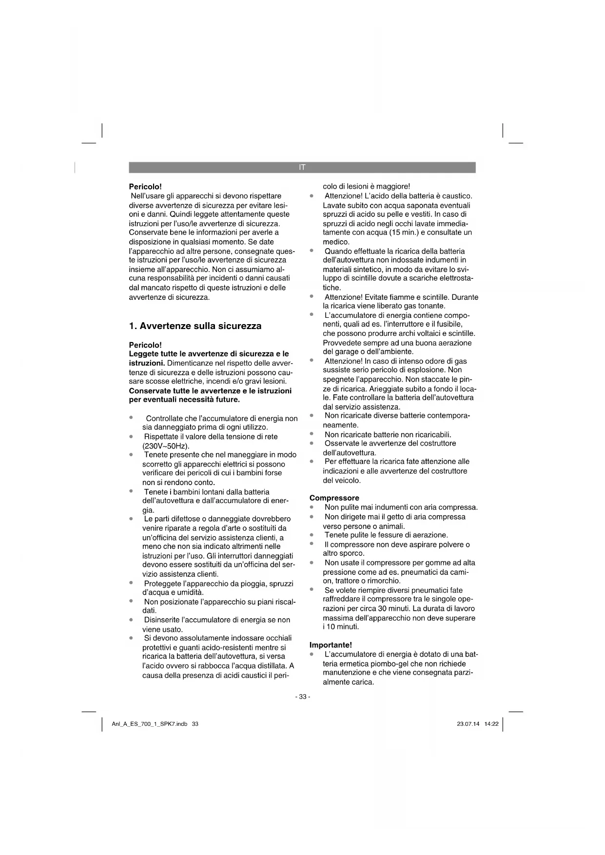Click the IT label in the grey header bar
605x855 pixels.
(x=302, y=167)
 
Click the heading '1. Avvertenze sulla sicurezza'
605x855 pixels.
(x=195, y=326)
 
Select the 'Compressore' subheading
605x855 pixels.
(x=334, y=498)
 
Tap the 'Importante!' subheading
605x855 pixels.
(x=331, y=645)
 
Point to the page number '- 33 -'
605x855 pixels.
(x=302, y=697)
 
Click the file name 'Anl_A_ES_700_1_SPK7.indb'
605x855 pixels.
(x=150, y=724)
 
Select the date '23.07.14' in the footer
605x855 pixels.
(x=468, y=724)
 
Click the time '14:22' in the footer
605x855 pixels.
(x=491, y=724)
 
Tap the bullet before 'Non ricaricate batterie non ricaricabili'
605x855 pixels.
(x=312, y=433)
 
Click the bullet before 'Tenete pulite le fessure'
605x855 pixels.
(x=312, y=534)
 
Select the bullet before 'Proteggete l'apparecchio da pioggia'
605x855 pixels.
(x=131, y=583)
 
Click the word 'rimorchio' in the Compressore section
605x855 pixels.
(x=384, y=581)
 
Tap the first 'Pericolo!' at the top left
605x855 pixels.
(x=145, y=187)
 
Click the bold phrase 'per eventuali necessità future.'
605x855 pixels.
(x=184, y=400)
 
